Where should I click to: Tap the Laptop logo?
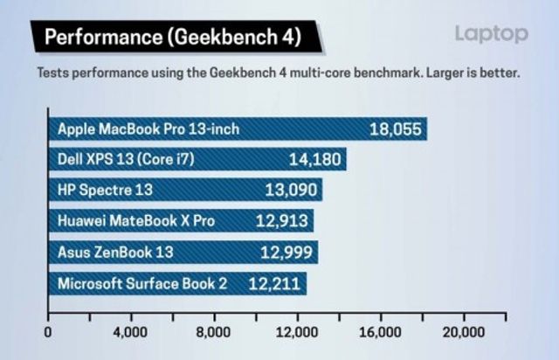pos(491,34)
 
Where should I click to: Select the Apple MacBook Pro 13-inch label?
pos(148,129)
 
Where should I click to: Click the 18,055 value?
pos(396,129)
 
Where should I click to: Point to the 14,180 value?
pos(315,159)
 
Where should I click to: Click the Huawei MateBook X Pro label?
pos(136,220)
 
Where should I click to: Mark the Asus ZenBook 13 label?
pos(115,252)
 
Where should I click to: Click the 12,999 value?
pos(287,252)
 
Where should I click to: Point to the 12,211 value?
pos(275,282)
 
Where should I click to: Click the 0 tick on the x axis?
pos(48,332)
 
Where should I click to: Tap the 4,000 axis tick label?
pos(130,332)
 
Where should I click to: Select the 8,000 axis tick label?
pos(213,332)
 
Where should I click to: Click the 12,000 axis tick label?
pos(296,332)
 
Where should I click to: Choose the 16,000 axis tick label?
pos(379,332)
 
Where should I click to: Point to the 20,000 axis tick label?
pos(461,332)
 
